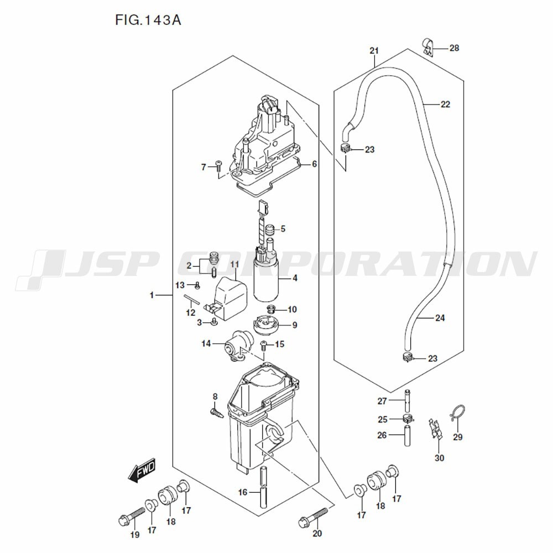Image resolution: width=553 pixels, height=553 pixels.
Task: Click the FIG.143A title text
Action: click(x=148, y=21)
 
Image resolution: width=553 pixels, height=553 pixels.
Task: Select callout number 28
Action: click(x=454, y=48)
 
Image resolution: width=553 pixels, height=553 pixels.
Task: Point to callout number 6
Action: click(x=314, y=164)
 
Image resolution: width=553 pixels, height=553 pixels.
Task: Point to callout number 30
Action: click(x=439, y=457)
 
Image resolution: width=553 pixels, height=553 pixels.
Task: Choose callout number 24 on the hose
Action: click(x=440, y=318)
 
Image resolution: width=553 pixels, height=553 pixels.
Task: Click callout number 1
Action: click(x=152, y=296)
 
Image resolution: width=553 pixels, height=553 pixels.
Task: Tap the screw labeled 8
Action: click(x=216, y=411)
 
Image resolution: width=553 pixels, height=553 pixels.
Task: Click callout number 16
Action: click(x=242, y=492)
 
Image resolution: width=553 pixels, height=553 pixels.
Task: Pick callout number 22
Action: click(x=445, y=104)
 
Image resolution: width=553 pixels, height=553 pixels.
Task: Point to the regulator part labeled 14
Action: click(x=235, y=348)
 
